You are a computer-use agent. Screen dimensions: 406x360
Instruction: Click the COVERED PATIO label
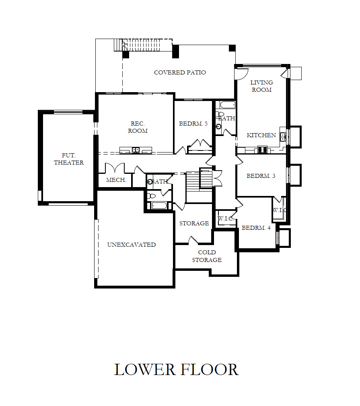180,72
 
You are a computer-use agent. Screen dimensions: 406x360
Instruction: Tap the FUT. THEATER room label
69,159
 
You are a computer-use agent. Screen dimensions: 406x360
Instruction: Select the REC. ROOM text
138,127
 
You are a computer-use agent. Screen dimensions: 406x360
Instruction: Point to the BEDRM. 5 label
193,124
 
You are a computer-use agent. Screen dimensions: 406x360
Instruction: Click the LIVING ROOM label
261,86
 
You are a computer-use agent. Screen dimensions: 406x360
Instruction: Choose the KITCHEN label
261,135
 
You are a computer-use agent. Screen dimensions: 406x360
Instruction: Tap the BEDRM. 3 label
261,176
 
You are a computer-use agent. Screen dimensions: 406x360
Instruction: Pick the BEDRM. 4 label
256,228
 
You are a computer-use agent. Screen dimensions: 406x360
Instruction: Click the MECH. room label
116,180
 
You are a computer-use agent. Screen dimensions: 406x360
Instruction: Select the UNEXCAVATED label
132,245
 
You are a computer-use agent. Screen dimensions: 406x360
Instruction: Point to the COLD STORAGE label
207,256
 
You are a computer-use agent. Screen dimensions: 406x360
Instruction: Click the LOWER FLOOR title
176,369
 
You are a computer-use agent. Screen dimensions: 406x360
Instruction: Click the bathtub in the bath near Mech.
158,206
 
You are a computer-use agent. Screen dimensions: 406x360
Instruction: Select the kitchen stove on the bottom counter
262,150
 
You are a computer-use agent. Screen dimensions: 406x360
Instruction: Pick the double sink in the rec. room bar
136,150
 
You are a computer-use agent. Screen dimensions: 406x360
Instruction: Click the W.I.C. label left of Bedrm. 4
226,218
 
